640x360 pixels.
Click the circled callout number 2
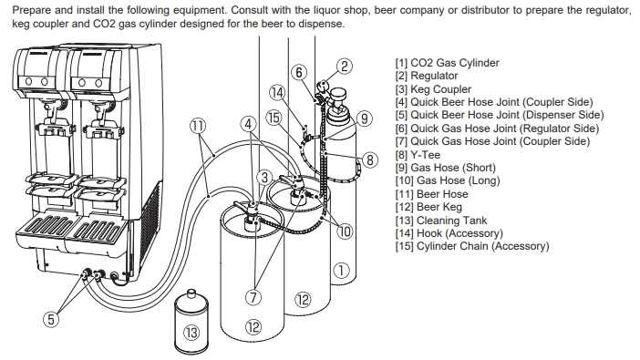tap(345, 67)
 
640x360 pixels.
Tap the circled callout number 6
tap(299, 72)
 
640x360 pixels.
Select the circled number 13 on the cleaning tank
tap(191, 333)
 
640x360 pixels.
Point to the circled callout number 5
tap(51, 319)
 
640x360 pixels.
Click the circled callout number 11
tap(198, 126)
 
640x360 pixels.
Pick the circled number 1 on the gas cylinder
tap(341, 270)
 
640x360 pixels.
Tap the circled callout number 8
tap(370, 159)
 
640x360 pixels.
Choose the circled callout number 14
tap(277, 93)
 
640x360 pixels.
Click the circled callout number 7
tap(253, 297)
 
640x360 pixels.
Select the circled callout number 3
tap(264, 178)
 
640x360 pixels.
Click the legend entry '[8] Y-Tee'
tap(418, 155)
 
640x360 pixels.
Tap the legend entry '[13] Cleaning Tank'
tap(441, 221)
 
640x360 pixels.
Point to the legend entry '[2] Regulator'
tap(427, 76)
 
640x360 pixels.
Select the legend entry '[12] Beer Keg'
tap(428, 207)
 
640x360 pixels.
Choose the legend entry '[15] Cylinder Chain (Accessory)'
tap(472, 246)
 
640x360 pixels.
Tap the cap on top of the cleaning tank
tap(191, 293)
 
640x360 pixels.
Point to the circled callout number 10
tap(345, 231)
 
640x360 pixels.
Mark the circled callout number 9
tap(365, 118)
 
